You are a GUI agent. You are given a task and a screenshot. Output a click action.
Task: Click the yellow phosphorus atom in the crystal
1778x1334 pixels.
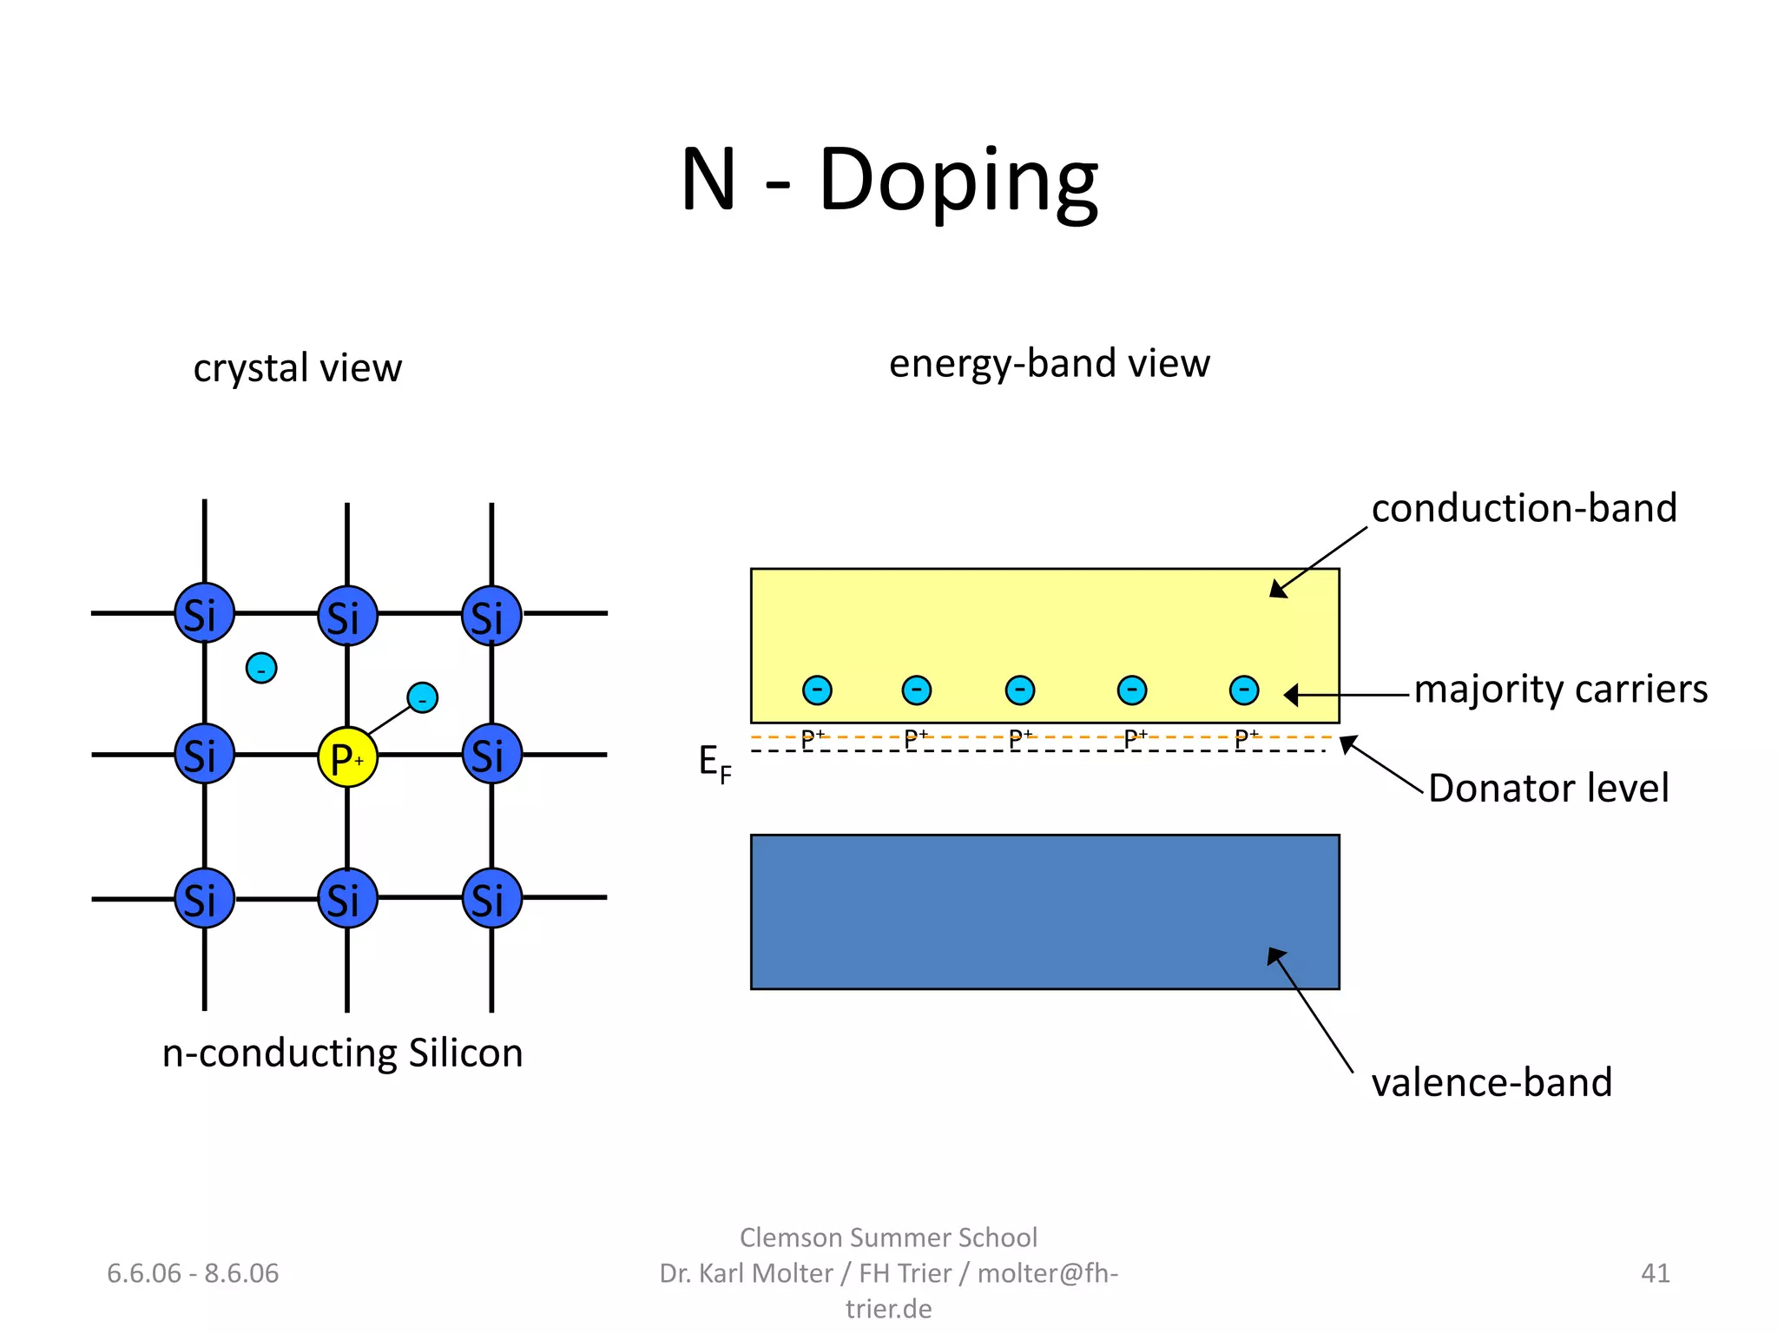point(347,757)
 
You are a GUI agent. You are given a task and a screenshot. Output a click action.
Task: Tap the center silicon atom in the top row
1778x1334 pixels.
point(347,616)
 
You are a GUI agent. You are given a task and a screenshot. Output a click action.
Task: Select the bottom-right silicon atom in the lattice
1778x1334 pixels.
point(491,898)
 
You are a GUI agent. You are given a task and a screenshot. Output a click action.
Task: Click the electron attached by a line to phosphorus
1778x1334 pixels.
point(423,697)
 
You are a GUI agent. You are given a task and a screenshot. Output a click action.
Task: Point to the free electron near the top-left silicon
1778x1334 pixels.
point(261,668)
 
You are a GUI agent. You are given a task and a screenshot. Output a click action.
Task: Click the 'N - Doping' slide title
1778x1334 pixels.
point(889,180)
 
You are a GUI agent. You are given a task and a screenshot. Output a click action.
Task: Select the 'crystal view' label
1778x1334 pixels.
point(297,367)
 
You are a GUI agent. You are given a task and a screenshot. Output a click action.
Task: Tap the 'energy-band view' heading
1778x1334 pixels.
point(1049,363)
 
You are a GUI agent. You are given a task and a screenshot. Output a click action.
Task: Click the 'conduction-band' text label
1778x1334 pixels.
point(1524,508)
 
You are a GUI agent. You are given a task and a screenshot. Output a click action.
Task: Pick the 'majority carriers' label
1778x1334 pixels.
point(1560,689)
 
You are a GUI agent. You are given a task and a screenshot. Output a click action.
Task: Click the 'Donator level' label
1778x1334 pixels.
point(1548,789)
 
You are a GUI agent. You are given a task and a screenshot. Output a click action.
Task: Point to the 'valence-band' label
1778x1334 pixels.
point(1492,1083)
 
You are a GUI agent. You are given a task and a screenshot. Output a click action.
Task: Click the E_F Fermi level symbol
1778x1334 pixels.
point(714,764)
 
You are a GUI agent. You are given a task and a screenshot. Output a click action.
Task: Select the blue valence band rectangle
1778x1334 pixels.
point(1044,912)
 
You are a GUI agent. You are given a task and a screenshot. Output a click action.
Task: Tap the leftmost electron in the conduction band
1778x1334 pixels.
point(817,690)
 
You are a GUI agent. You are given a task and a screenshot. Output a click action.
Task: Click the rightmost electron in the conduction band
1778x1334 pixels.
point(1244,690)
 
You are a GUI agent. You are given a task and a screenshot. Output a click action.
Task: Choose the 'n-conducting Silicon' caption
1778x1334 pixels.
point(342,1053)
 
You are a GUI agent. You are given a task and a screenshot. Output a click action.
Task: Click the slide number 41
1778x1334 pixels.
point(1655,1273)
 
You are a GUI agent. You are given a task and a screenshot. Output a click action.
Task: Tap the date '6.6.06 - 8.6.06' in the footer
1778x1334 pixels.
point(193,1273)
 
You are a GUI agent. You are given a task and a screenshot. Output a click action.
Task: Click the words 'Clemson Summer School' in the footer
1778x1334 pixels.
point(888,1237)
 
